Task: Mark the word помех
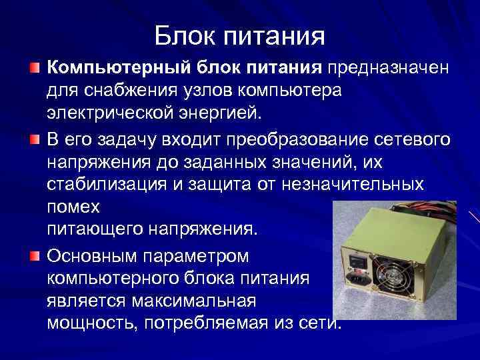(x=74, y=207)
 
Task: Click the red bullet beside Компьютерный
(x=35, y=68)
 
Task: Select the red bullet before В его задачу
(x=35, y=140)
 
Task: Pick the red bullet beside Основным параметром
(x=35, y=256)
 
